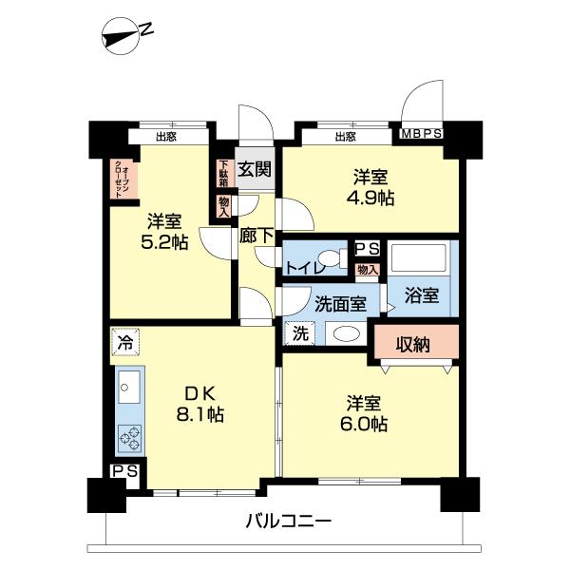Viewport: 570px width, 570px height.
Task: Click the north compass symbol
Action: (121, 36)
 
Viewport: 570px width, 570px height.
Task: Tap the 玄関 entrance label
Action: (255, 169)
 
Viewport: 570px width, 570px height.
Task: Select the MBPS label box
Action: (421, 134)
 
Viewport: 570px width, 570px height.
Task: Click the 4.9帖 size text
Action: (370, 199)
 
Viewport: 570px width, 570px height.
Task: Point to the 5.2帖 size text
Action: (164, 242)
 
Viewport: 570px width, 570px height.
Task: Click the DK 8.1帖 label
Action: (200, 404)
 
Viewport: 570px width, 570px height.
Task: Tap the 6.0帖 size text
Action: (364, 424)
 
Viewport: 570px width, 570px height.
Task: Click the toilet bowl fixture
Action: (334, 258)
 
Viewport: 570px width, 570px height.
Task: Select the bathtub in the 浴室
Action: (419, 258)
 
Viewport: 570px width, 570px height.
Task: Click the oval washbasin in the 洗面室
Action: (347, 333)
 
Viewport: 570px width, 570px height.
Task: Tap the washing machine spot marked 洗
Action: (300, 333)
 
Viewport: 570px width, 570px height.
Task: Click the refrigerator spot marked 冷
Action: (125, 342)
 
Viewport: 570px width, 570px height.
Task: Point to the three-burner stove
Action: (130, 438)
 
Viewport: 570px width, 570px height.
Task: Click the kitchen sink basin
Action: (129, 388)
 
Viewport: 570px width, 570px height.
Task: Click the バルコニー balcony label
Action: (289, 522)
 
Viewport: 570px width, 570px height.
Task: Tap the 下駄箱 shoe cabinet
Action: (223, 174)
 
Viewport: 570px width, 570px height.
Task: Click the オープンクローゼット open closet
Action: (123, 180)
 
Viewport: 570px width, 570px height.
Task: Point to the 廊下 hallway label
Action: (256, 236)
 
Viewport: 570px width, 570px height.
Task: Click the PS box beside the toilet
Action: (367, 249)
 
